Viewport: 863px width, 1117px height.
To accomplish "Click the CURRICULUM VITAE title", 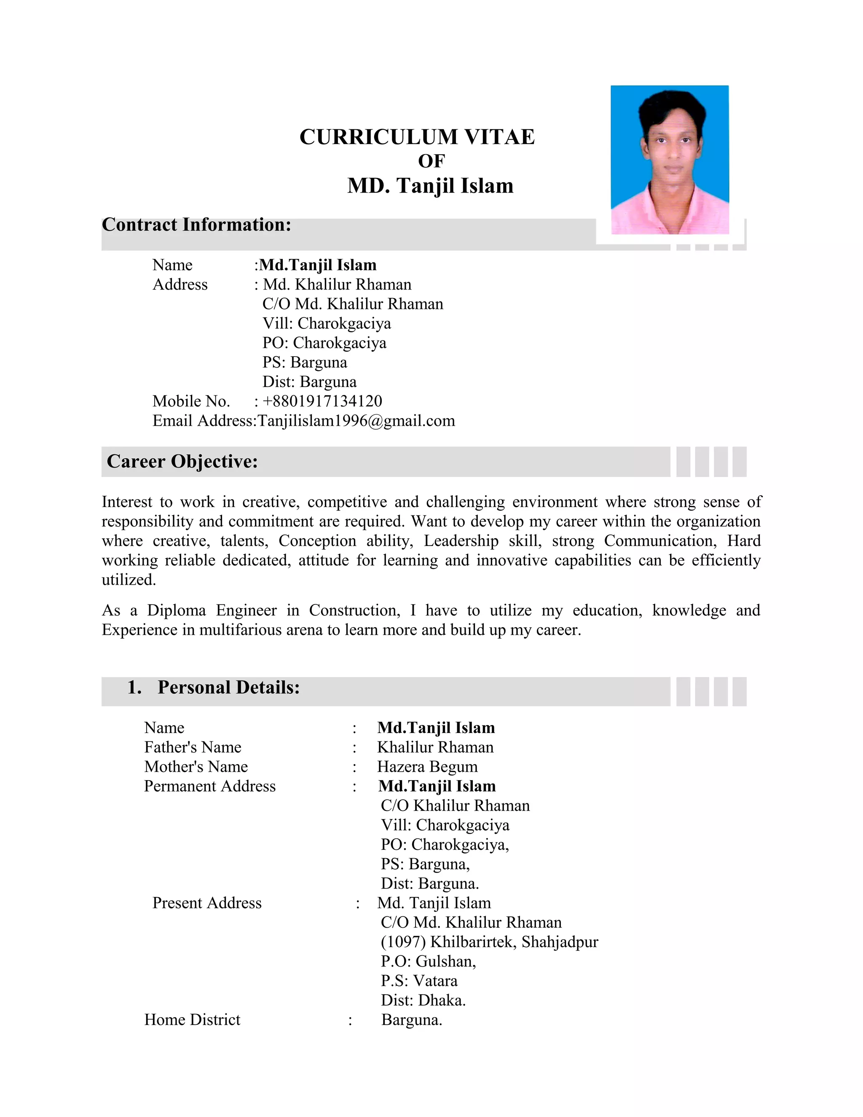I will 417,137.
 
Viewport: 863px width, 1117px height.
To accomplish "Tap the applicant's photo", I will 669,160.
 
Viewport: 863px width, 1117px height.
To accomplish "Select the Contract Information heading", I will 196,225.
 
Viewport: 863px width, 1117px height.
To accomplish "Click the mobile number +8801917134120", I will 322,401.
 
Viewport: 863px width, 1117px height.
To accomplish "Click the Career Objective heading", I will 182,461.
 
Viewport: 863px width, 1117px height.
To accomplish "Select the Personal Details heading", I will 228,687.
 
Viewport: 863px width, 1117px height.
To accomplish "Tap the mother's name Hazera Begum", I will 427,767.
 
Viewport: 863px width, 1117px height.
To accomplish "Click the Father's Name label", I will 193,747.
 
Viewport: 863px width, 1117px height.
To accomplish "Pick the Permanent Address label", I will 209,786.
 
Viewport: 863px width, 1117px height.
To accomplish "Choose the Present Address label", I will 207,903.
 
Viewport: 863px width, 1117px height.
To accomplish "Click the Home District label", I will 192,1019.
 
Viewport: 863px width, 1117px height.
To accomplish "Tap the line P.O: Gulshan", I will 428,961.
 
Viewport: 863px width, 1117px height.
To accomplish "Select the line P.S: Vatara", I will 419,980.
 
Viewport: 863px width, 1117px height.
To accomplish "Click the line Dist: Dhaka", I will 423,1000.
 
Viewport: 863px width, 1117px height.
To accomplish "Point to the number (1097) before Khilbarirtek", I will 403,942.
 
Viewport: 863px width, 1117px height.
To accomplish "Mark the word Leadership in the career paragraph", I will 461,541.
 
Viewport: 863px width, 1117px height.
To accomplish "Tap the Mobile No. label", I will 191,401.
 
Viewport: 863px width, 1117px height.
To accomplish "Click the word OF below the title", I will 431,161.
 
